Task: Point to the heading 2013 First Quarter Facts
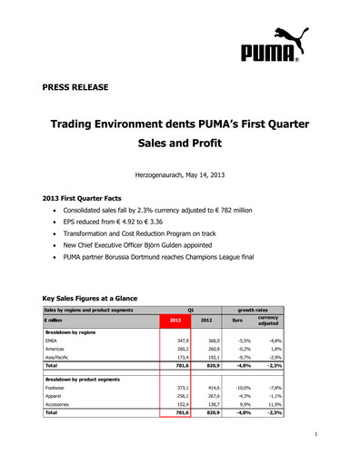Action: pyautogui.click(x=90, y=197)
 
